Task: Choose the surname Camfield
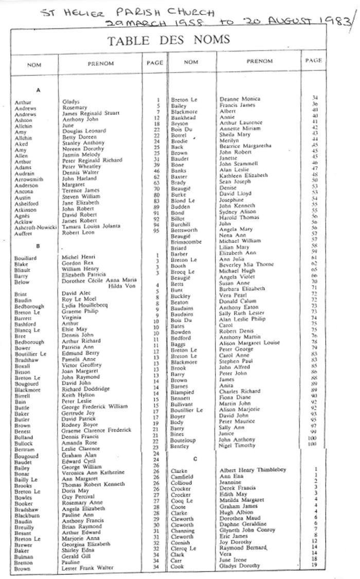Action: (182, 477)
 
